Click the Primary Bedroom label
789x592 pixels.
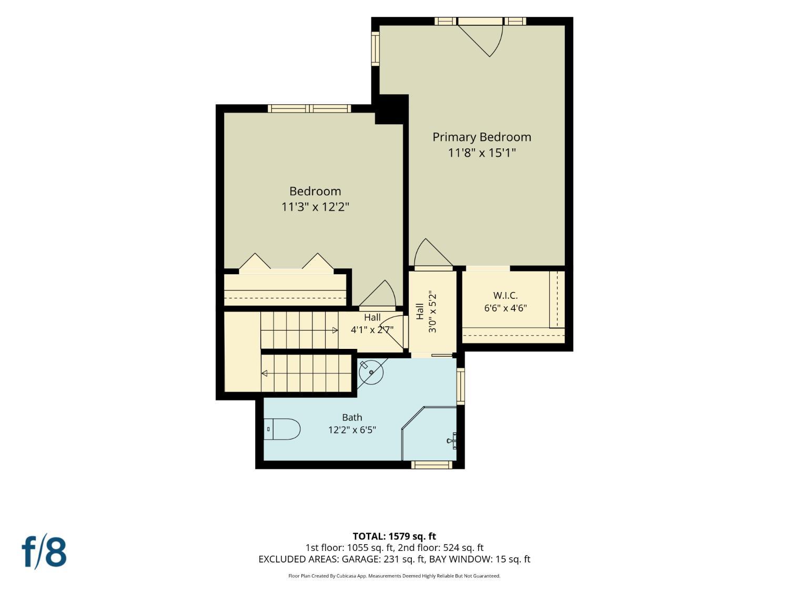coord(482,137)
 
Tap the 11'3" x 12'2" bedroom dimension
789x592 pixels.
coord(315,207)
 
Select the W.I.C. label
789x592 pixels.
coord(505,295)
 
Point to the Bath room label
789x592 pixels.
coord(352,417)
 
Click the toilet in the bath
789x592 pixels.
coord(282,429)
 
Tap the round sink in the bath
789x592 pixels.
coord(371,373)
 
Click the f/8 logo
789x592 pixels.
coord(44,552)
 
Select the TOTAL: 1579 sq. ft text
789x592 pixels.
coord(394,536)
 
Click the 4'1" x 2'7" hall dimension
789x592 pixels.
coord(372,329)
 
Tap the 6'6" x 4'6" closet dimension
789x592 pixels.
coord(505,308)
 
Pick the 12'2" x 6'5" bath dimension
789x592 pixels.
coord(352,430)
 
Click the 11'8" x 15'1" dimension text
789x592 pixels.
coord(482,153)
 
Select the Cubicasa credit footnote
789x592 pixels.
coord(394,576)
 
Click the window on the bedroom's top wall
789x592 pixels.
coord(309,108)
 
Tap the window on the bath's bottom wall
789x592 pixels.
coord(432,465)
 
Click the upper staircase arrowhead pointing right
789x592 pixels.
coord(335,330)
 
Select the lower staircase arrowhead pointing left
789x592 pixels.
coord(265,374)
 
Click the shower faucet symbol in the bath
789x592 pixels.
coord(452,440)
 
